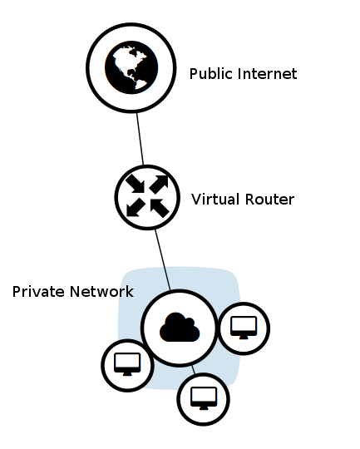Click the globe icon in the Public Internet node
pos(131,67)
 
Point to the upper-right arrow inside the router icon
pos(159,184)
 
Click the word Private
pos(37,292)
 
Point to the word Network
pos(101,292)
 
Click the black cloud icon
pos(180,328)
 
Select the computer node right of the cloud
pos(244,328)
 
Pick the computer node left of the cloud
pos(127,365)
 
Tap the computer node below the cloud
pos(203,399)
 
